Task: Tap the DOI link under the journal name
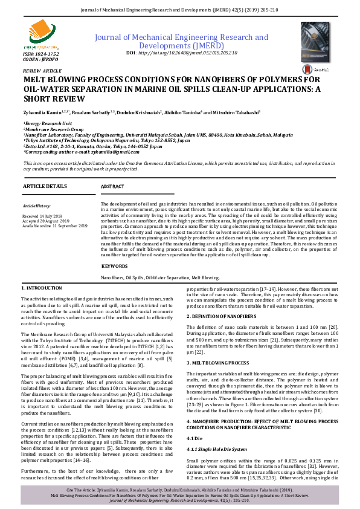182,53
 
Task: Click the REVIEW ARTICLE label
38,70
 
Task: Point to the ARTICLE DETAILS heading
45,186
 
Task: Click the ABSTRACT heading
112,186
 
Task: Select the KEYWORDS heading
114,266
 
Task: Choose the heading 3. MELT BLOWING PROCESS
217,362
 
